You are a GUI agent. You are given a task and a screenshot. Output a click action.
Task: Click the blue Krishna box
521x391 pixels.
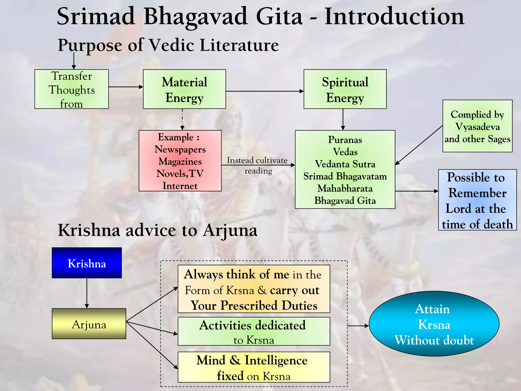coord(87,263)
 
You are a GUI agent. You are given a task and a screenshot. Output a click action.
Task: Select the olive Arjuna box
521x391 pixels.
coord(89,324)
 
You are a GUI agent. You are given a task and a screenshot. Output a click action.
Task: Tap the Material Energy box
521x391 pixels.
coord(184,89)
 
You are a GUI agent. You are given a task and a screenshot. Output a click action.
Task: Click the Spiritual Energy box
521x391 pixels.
coord(345,89)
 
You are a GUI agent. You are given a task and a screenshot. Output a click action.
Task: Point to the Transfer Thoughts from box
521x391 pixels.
coord(71,89)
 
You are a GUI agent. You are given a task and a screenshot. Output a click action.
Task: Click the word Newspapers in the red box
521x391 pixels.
coord(180,149)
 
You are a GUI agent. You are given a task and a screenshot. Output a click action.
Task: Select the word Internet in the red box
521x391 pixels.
coord(180,186)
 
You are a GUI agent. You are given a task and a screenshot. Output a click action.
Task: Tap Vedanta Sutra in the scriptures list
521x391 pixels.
coord(345,164)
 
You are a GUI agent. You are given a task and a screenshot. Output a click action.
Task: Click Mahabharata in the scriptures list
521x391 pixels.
coord(345,189)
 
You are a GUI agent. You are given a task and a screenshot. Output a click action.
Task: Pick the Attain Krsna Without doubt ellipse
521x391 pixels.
coord(434,324)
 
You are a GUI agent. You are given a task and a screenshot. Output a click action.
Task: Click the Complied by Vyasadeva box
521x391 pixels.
coord(477,126)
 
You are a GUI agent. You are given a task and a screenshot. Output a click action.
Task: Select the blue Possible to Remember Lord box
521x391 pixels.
coord(477,200)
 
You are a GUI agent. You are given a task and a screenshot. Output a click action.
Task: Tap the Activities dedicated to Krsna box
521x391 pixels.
coord(254,331)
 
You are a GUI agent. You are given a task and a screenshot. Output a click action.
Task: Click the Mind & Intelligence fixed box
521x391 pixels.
coord(254,367)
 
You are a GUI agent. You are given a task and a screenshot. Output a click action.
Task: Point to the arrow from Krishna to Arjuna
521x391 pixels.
coord(87,293)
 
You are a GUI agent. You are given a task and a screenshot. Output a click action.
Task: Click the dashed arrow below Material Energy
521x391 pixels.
coord(182,119)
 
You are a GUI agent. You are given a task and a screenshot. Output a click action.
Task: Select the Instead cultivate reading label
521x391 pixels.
coord(258,165)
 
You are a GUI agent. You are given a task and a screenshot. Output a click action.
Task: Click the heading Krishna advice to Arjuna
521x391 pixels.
coord(157,230)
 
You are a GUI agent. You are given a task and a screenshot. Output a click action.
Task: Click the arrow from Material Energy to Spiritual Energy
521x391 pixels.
coord(265,91)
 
